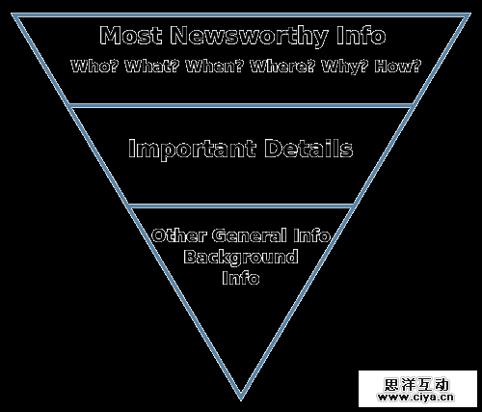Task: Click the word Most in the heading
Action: point(131,35)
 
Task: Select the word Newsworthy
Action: point(249,36)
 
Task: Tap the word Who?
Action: point(94,66)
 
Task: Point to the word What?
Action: point(152,66)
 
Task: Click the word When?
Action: point(215,66)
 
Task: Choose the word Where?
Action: point(282,66)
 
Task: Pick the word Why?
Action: point(345,67)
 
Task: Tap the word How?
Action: point(397,66)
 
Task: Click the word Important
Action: point(192,149)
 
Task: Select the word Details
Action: point(308,149)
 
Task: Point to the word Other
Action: point(178,235)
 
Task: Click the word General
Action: point(250,235)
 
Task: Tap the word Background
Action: point(241,258)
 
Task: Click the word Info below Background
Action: point(241,278)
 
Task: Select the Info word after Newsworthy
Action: point(361,35)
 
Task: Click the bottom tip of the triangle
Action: point(241,399)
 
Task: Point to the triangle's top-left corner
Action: point(13,14)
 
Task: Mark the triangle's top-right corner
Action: point(469,14)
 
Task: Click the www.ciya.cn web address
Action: point(416,398)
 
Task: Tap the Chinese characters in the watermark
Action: point(416,384)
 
